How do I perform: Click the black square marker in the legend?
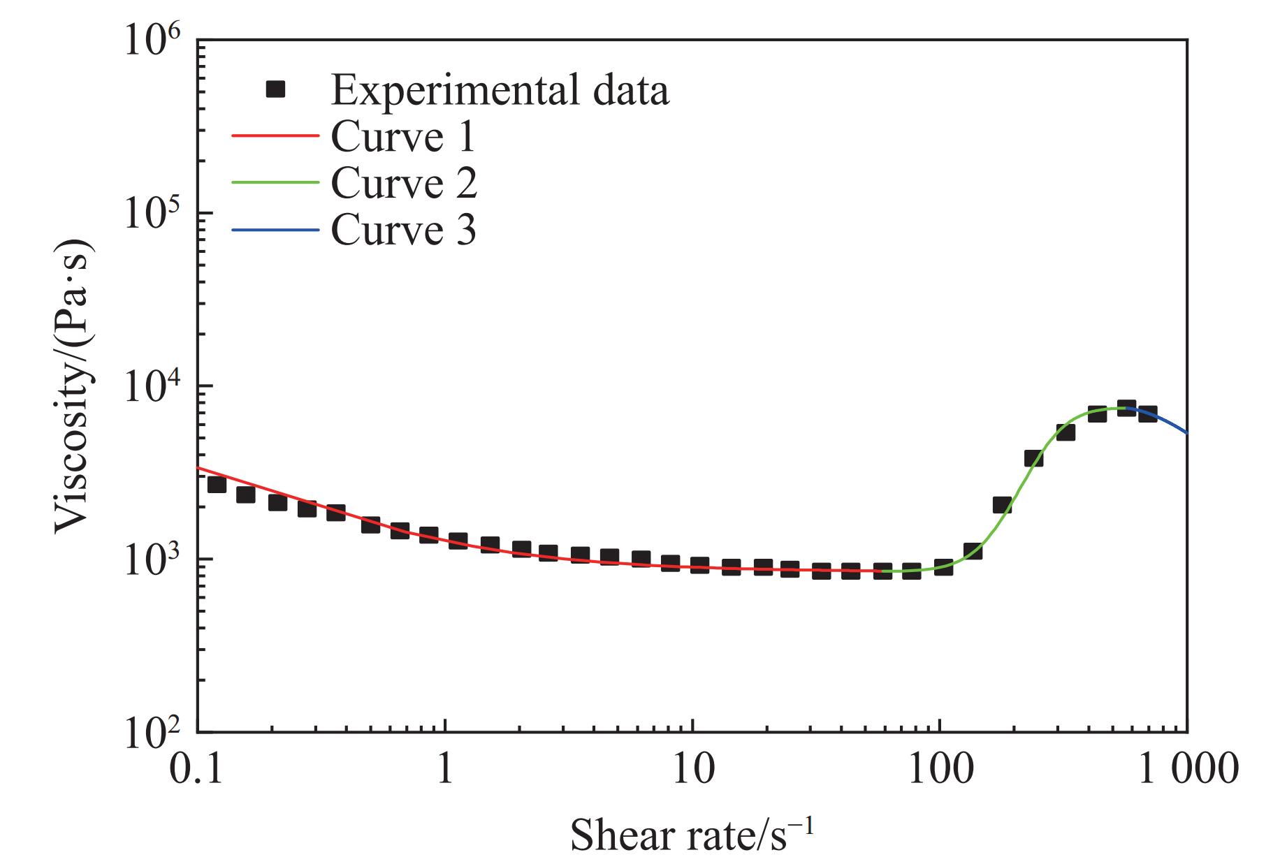[276, 89]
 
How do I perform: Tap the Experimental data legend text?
[500, 90]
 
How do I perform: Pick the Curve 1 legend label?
[403, 137]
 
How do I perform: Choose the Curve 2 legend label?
[404, 183]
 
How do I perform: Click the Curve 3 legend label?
[403, 229]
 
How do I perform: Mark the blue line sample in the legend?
[275, 229]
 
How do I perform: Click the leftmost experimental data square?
[217, 483]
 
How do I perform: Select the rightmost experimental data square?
[1148, 413]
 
